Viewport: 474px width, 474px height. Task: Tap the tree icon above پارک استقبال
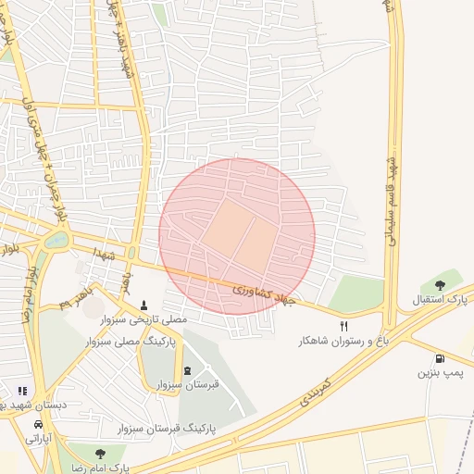[439, 285]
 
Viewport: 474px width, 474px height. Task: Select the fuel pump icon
[439, 358]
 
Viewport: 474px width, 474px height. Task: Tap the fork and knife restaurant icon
[344, 326]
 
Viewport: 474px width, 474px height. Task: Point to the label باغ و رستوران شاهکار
[340, 341]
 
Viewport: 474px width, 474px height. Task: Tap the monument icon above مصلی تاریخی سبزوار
[143, 305]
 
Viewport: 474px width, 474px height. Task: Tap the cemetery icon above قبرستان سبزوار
[188, 370]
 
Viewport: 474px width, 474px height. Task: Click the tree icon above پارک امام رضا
[100, 453]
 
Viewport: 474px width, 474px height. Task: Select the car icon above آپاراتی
[38, 424]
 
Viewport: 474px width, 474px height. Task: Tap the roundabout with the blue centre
[56, 241]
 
